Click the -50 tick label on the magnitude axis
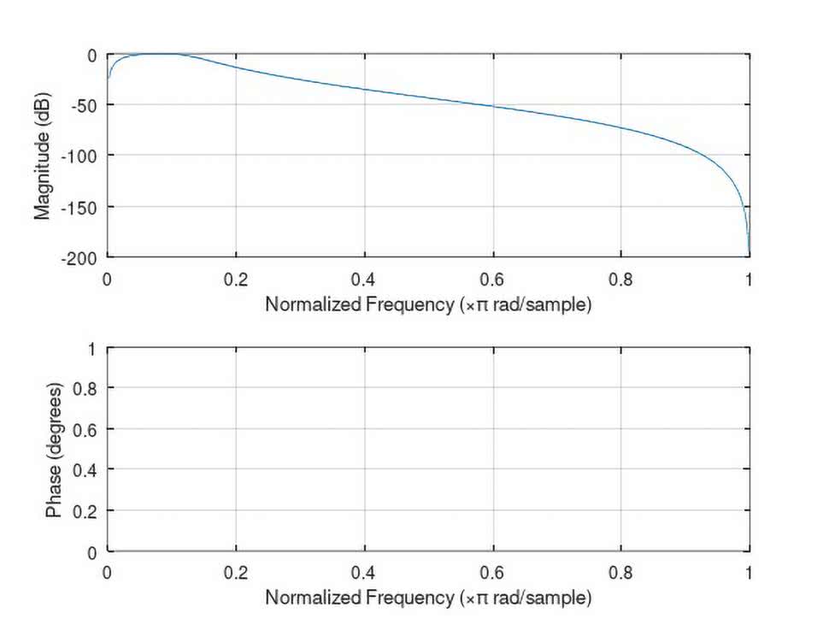[x=82, y=105]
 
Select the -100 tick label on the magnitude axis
[x=79, y=156]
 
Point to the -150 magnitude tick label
[x=79, y=206]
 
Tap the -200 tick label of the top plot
[x=79, y=256]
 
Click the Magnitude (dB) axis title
[x=43, y=156]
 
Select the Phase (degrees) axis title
[x=54, y=451]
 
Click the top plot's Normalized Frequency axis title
[x=427, y=304]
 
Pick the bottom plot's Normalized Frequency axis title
[x=427, y=596]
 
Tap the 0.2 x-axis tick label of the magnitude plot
[x=236, y=279]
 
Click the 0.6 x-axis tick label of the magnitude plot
[x=492, y=279]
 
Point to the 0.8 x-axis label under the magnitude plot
[x=621, y=279]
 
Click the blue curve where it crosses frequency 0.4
[x=365, y=89]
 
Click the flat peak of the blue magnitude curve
[x=154, y=54]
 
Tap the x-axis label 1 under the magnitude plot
[x=749, y=279]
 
